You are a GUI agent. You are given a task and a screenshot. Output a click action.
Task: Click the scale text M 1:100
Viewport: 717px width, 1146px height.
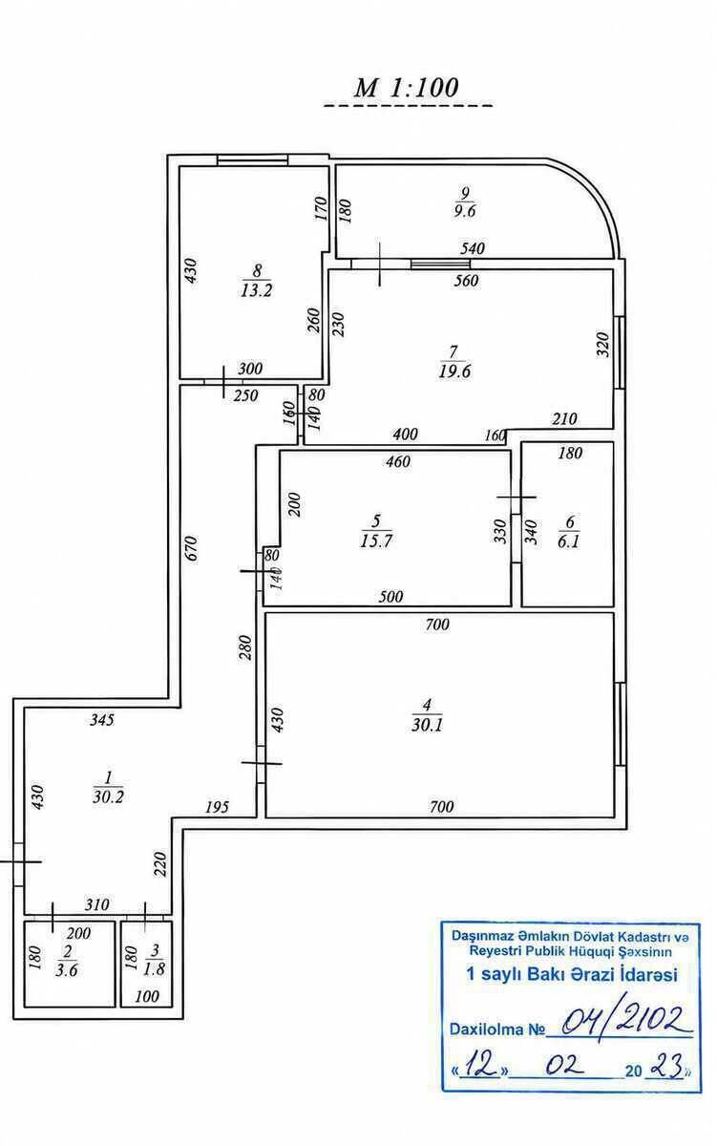click(x=407, y=88)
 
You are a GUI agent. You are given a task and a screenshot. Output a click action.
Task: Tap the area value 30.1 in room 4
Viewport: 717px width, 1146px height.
click(x=427, y=725)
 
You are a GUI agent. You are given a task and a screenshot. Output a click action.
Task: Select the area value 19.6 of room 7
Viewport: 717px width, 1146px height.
click(x=454, y=371)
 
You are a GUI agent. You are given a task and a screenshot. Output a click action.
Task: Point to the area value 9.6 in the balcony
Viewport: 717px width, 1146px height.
click(x=465, y=211)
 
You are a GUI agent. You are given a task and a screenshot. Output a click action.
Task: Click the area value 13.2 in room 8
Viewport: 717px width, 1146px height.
click(x=257, y=290)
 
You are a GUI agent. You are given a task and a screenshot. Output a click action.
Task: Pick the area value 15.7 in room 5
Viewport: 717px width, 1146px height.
click(x=376, y=541)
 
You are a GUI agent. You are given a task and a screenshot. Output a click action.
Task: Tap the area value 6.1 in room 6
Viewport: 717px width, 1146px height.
click(x=568, y=541)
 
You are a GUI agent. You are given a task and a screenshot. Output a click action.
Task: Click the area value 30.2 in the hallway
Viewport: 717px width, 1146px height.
click(x=109, y=796)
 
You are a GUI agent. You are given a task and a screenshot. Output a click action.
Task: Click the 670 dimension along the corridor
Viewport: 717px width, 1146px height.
click(x=191, y=548)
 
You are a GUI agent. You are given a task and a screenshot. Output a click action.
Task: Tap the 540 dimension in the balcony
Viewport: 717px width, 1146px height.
click(x=472, y=248)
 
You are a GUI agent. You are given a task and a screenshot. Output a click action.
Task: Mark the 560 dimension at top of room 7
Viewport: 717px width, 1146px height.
click(x=467, y=281)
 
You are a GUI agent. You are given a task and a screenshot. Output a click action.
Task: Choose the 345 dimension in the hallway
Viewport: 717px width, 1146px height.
click(x=102, y=720)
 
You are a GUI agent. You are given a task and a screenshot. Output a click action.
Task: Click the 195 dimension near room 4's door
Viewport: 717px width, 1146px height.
click(x=217, y=807)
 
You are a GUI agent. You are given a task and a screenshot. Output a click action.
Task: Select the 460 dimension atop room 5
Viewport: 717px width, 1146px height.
click(x=398, y=461)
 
